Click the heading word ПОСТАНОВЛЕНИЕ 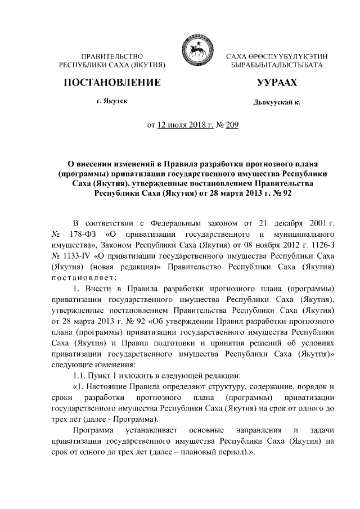click(x=112, y=83)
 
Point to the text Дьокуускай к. click(x=277, y=103)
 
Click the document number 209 click(x=232, y=125)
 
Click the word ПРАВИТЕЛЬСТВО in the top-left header click(x=112, y=57)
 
